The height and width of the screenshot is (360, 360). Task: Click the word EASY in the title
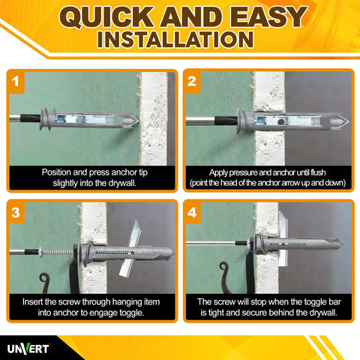coord(265,16)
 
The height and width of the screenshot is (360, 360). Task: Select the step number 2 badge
coord(193,80)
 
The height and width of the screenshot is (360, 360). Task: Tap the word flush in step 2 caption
coord(316,171)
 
